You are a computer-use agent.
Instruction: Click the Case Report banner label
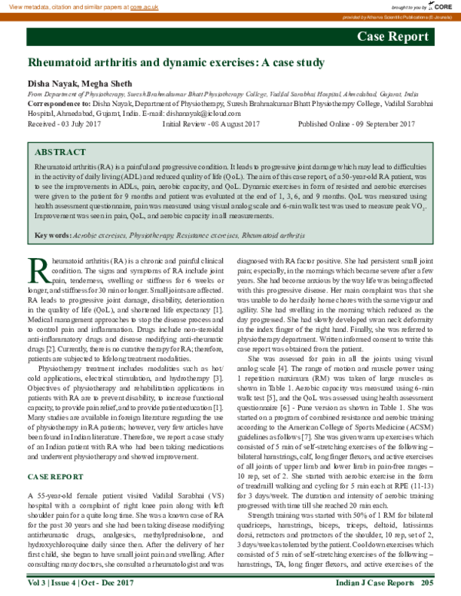click(393, 37)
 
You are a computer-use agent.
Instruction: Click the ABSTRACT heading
click(61, 153)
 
